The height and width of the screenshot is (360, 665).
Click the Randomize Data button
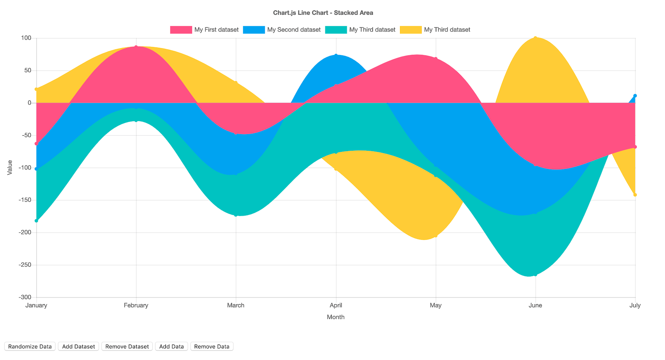[30, 347]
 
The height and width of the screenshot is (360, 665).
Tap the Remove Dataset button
[127, 347]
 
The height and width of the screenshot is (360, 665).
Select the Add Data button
[171, 347]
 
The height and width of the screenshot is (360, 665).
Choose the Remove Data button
[212, 347]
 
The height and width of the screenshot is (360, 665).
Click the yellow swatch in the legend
[410, 30]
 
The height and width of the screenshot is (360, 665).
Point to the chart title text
[323, 13]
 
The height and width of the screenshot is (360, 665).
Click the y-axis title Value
[10, 167]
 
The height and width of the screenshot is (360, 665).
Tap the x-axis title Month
[336, 317]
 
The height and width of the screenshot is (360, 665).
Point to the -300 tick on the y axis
[25, 297]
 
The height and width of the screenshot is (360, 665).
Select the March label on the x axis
[236, 305]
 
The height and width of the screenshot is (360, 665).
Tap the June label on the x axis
[535, 305]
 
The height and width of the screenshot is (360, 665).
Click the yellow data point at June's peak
[535, 38]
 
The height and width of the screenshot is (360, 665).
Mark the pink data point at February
[136, 47]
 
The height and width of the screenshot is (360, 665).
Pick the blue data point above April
[336, 55]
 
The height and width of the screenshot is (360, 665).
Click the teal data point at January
[36, 221]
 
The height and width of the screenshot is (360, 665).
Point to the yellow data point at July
[635, 195]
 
